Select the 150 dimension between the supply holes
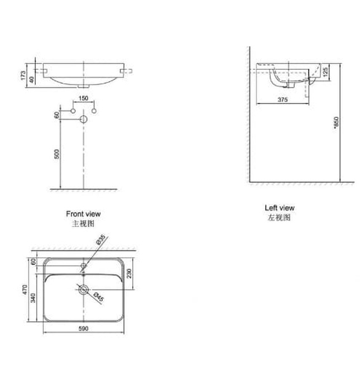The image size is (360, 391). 83,98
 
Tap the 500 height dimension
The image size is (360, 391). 56,155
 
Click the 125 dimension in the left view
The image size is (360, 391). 325,71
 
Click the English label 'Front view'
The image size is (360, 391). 83,214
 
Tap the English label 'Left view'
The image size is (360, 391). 279,208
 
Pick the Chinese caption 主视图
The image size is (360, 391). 83,223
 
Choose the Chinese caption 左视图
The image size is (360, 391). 279,217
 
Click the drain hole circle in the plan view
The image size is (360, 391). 83,289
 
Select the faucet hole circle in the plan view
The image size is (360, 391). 83,264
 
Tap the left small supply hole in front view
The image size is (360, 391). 73,112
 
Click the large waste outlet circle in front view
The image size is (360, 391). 83,120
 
